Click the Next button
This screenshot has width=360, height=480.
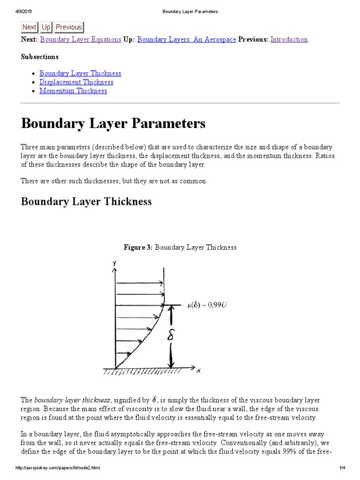click(x=29, y=27)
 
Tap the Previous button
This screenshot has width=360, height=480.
click(x=69, y=27)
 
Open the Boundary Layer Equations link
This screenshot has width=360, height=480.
click(x=81, y=39)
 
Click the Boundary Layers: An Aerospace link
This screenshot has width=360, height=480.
click(x=187, y=39)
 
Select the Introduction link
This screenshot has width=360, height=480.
click(x=289, y=39)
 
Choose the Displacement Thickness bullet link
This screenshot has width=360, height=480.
click(x=76, y=82)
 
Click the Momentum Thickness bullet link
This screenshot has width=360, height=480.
click(x=73, y=91)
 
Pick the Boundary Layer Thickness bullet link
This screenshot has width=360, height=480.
click(x=80, y=73)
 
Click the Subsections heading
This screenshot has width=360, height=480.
click(x=40, y=57)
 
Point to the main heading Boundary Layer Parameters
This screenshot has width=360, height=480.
click(x=113, y=124)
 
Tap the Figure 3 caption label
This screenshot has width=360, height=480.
click(x=138, y=247)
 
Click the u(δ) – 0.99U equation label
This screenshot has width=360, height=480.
click(x=205, y=305)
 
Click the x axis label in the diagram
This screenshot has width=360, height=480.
click(x=198, y=370)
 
